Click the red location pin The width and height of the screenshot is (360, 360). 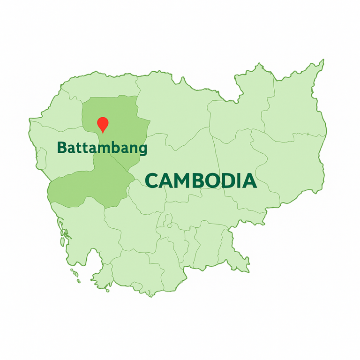(103, 124)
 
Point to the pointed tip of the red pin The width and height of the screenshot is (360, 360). (103, 133)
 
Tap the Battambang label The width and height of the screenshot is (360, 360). (102, 148)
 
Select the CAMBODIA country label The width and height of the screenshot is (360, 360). (201, 180)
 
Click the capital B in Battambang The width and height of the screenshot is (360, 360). (61, 148)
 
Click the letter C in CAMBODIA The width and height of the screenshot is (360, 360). (152, 181)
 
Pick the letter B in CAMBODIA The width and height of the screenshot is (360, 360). (200, 180)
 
